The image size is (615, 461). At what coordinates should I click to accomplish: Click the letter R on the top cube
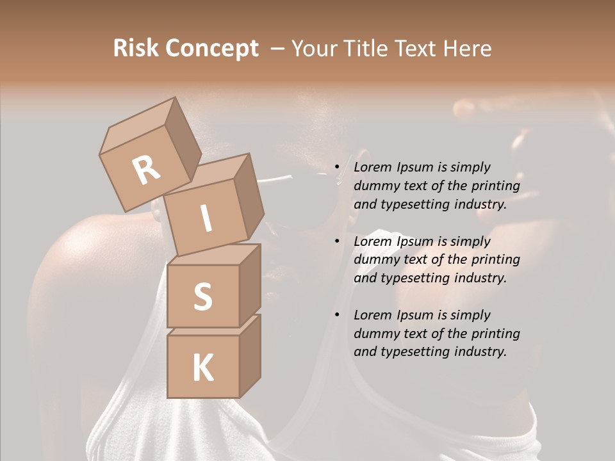[x=147, y=170]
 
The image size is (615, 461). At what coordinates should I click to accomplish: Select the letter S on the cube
[x=202, y=296]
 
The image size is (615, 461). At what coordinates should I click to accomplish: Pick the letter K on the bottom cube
[x=202, y=368]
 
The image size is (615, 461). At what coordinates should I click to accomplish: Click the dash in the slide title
[x=278, y=49]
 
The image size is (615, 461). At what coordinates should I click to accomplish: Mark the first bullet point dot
[x=337, y=168]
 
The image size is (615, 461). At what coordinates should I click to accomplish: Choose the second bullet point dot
[x=337, y=242]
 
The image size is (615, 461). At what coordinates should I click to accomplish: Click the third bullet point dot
[x=337, y=316]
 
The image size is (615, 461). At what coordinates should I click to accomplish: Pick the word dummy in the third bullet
[x=375, y=334]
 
